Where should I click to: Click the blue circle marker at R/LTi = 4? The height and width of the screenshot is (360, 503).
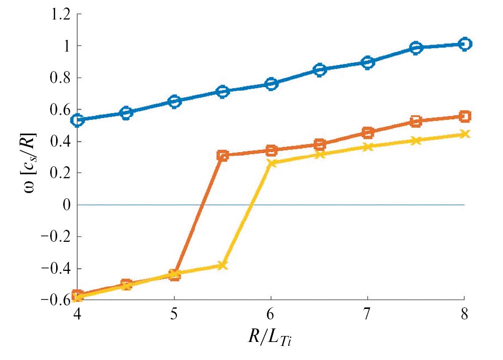[77, 120]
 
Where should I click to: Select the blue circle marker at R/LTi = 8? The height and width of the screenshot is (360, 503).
[464, 44]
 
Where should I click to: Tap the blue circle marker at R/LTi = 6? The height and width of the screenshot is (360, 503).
[271, 84]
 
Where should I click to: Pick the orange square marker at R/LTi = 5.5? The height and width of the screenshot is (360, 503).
[223, 156]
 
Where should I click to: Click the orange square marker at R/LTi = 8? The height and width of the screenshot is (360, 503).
[464, 117]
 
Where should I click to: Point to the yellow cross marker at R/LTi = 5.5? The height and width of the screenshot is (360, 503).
[223, 265]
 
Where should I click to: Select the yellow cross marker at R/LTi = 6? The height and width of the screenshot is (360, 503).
[271, 163]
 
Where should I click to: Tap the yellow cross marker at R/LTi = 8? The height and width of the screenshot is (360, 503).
[464, 134]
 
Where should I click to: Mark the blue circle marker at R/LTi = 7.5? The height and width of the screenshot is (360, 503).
[416, 48]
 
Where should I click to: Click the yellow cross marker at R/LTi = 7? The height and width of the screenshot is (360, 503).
[368, 147]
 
